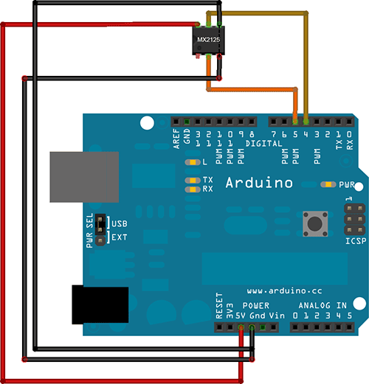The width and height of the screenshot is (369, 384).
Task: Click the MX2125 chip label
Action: point(208,40)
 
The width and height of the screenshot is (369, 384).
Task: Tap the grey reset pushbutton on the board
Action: point(315,224)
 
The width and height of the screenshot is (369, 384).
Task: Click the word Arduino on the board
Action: point(259,183)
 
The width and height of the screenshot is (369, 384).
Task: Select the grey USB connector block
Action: point(84,177)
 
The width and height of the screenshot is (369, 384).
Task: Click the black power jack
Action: point(100,304)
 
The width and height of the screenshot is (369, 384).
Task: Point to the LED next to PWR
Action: point(328,184)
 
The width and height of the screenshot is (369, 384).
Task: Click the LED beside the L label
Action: point(193,162)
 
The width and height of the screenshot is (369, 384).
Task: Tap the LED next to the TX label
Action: point(193,181)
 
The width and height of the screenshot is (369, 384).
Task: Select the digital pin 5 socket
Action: point(295,122)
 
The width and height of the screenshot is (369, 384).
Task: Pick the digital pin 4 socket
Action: point(306,122)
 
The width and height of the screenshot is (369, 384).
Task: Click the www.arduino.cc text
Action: point(284,291)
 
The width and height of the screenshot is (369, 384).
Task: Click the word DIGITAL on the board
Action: point(263,144)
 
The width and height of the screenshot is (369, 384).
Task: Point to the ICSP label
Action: point(356,241)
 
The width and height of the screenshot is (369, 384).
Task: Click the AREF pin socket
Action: point(176,122)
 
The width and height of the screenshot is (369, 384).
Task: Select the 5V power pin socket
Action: point(241,327)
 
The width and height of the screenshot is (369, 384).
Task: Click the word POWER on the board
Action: point(256,305)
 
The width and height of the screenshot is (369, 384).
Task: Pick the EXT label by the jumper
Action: point(120,237)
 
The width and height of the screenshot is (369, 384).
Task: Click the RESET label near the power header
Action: point(219,305)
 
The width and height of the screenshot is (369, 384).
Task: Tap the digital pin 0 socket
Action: point(349,122)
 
